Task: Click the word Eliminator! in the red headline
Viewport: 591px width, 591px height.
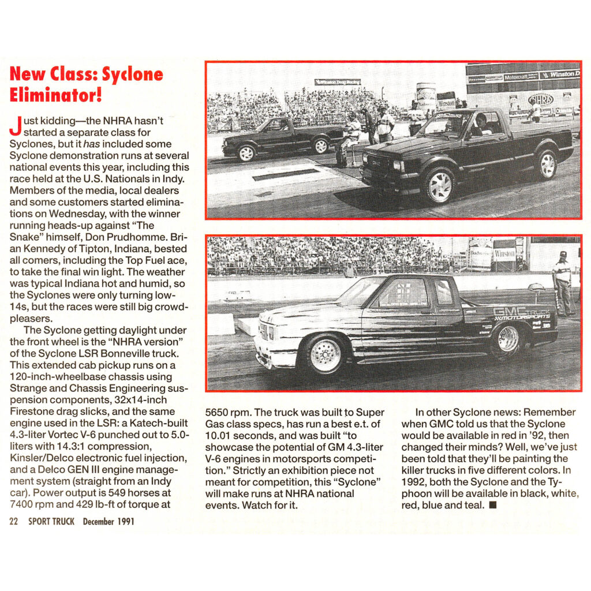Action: pyautogui.click(x=56, y=94)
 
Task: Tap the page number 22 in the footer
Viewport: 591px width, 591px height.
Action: pyautogui.click(x=13, y=521)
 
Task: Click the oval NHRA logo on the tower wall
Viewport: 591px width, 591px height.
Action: pyautogui.click(x=541, y=99)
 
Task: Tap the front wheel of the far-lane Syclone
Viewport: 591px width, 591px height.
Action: pyautogui.click(x=247, y=152)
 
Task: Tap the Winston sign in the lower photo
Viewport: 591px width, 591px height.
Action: pyautogui.click(x=504, y=253)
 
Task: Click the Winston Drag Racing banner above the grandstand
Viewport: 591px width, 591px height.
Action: pyautogui.click(x=338, y=82)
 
